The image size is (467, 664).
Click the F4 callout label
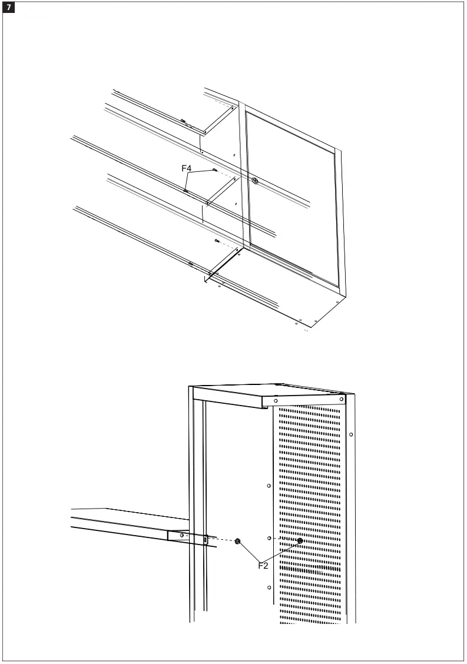(x=187, y=168)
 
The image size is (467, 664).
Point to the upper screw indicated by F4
(x=215, y=170)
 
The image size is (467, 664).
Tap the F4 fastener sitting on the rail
(x=186, y=190)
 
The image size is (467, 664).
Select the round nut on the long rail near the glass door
(x=255, y=181)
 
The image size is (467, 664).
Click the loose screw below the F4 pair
(x=217, y=241)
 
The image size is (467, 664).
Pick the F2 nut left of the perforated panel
(x=237, y=541)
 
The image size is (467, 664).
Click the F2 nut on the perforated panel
(x=300, y=541)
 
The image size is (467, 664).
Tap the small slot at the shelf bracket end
(x=205, y=539)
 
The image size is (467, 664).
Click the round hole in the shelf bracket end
(x=181, y=535)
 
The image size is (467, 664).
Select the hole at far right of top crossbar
(x=340, y=400)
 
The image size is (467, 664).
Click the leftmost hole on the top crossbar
(x=276, y=401)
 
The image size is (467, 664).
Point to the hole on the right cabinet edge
(x=351, y=435)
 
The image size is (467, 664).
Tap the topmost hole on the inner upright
(x=268, y=486)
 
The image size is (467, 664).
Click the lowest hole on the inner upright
(x=268, y=587)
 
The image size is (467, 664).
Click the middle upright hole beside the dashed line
(x=268, y=538)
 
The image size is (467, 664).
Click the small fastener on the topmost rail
(x=183, y=121)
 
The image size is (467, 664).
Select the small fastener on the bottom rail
(x=190, y=264)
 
